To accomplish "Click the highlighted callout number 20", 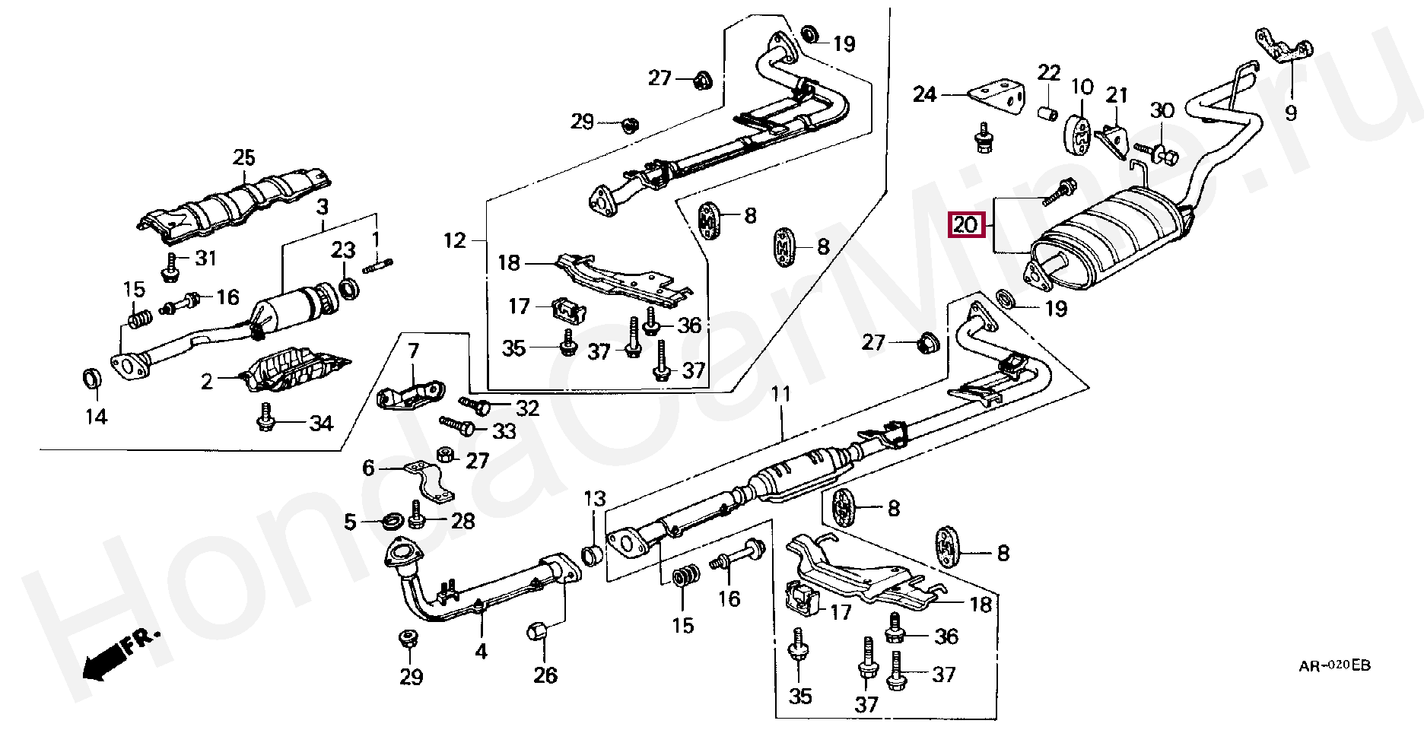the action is (965, 225).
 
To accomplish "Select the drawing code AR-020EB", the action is (1335, 666).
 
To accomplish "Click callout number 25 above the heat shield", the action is (244, 158).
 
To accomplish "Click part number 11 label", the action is (781, 394).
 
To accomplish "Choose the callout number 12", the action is (454, 241).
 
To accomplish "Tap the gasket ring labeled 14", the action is (92, 377).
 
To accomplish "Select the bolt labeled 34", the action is (265, 417).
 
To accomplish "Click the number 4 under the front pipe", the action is (481, 652).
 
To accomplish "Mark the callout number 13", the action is (594, 499).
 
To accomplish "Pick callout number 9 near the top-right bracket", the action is (1291, 114).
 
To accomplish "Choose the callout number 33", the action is (504, 432).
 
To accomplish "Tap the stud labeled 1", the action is (379, 265).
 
